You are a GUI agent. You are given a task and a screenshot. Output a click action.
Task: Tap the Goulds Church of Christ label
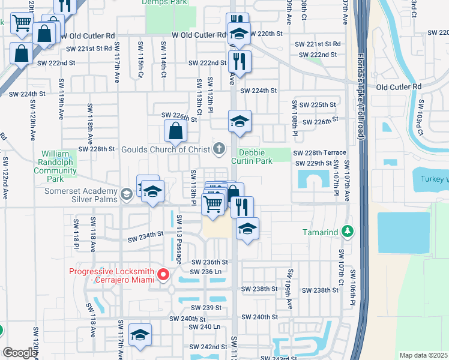(166, 149)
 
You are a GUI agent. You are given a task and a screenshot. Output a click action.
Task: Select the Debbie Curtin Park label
(252, 157)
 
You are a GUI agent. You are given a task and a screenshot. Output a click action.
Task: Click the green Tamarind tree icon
(347, 231)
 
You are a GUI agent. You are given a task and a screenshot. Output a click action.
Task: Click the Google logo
(20, 353)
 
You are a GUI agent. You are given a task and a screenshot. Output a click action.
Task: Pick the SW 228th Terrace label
(319, 154)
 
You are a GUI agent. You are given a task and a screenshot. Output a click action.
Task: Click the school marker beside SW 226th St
(239, 121)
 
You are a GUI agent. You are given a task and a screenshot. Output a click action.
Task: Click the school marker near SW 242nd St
(140, 335)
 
